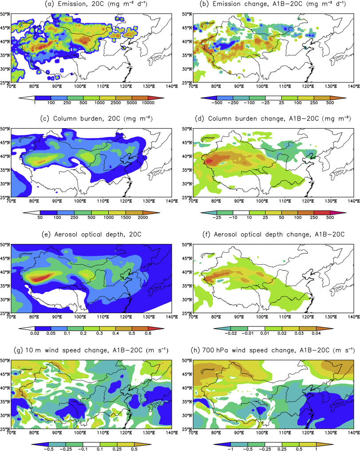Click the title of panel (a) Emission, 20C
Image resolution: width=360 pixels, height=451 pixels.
(x=91, y=5)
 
